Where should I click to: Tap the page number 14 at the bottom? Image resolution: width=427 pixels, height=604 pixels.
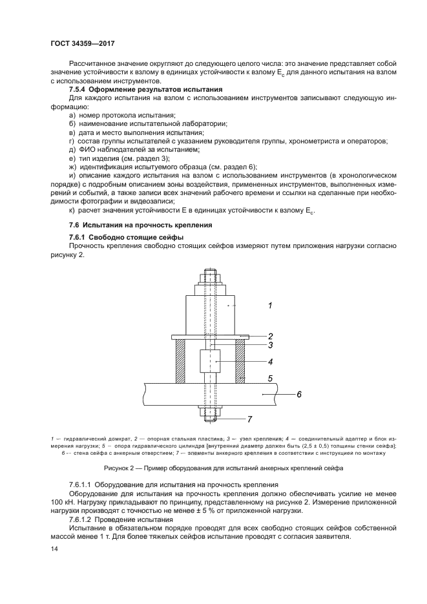tap(54, 548)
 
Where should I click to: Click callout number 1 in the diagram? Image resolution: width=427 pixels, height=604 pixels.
tap(270, 306)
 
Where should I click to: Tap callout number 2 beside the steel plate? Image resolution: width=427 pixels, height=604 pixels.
tap(271, 336)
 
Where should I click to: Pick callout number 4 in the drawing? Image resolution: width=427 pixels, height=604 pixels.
tap(271, 362)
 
